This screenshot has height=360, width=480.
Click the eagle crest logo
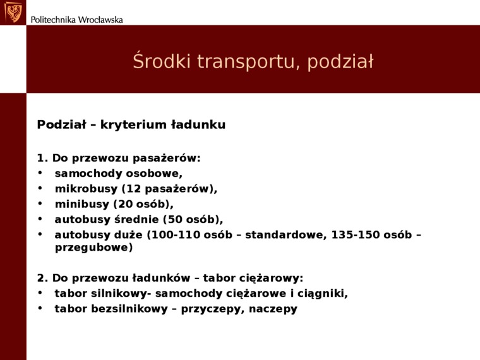click(x=13, y=12)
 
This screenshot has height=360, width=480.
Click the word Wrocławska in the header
click(x=100, y=19)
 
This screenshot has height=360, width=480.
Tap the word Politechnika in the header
click(x=53, y=19)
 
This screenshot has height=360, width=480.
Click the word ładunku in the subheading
click(x=199, y=125)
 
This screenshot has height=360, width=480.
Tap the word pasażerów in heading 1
click(x=168, y=159)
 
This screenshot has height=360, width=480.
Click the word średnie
click(x=134, y=220)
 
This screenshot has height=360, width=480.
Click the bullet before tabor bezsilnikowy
click(x=40, y=309)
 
